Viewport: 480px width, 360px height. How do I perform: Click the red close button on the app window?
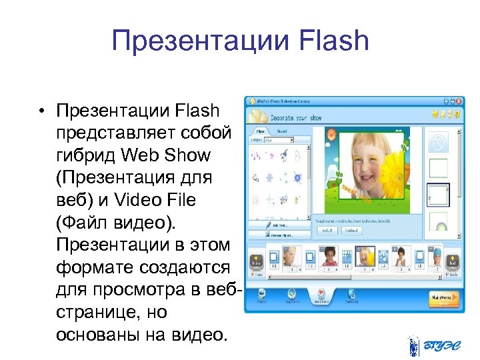(457, 101)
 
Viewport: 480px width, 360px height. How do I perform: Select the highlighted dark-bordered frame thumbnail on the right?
(437, 195)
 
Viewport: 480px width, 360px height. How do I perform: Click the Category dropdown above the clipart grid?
(285, 141)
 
